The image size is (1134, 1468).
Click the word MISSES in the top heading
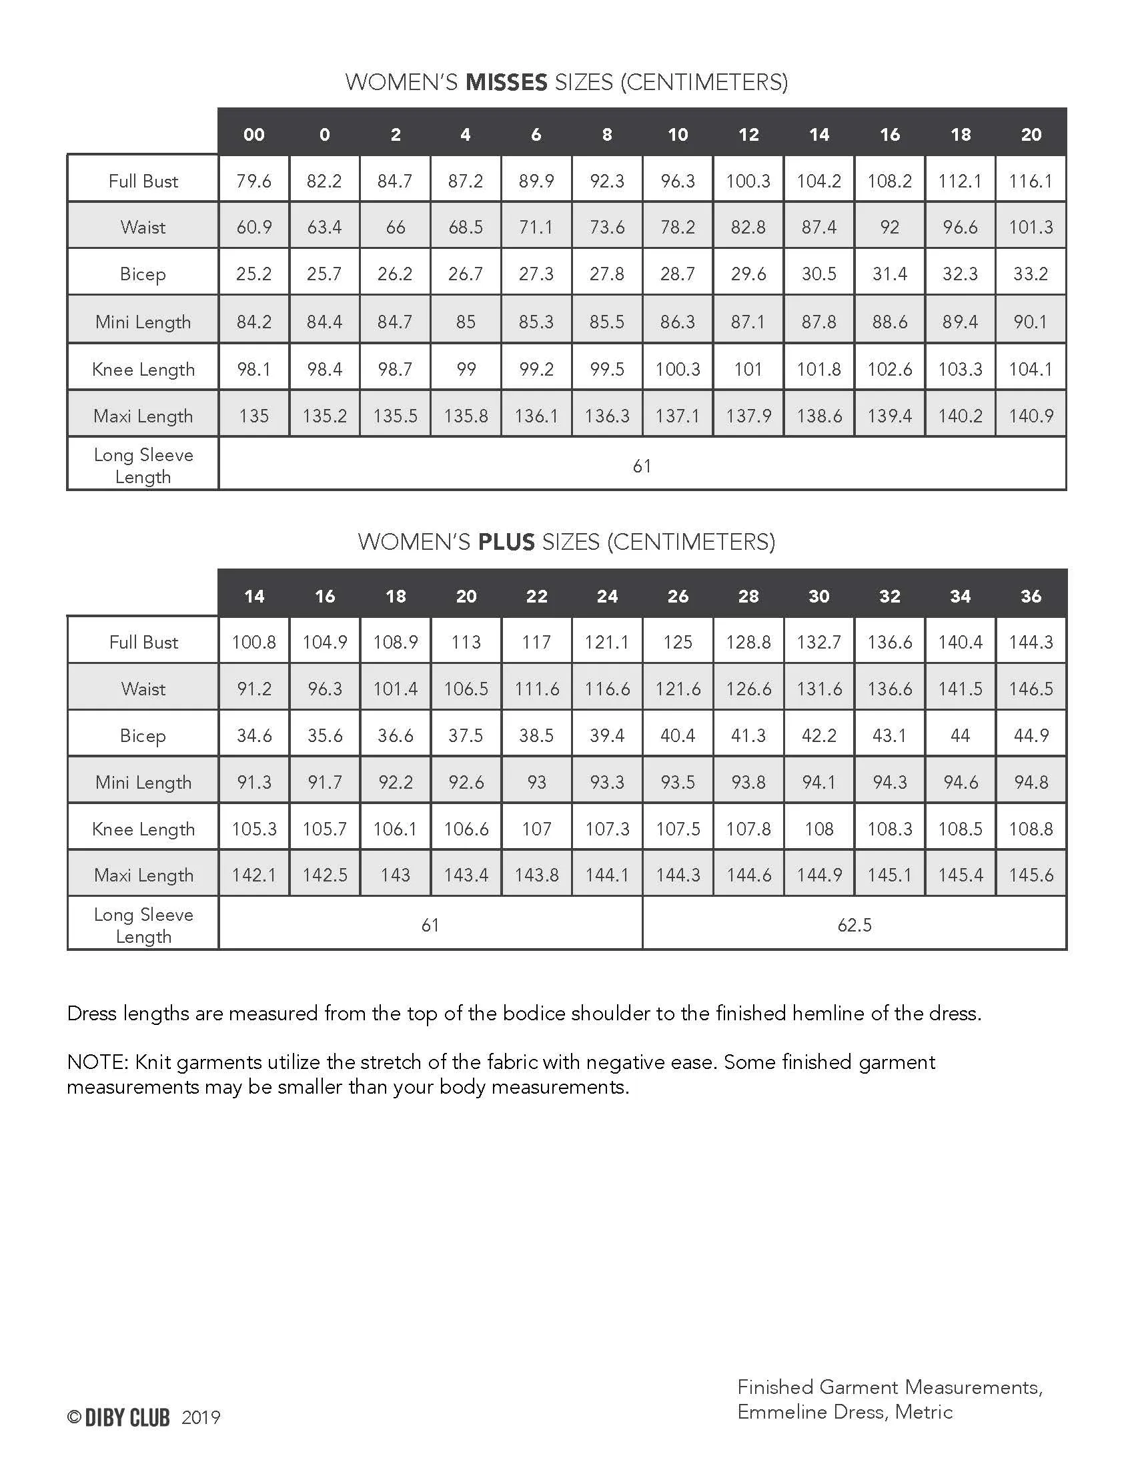click(x=506, y=82)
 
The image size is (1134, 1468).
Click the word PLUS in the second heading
click(x=506, y=542)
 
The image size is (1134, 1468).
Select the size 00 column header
click(x=254, y=134)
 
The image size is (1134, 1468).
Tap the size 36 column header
click(x=1031, y=596)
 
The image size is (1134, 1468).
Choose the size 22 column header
click(x=536, y=596)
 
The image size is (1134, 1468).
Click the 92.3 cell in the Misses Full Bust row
click(x=606, y=181)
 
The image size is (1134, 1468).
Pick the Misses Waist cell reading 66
click(x=395, y=227)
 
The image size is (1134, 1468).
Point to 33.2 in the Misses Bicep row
click(x=1031, y=274)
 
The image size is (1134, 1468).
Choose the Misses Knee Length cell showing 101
click(x=748, y=369)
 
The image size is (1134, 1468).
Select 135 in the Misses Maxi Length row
click(x=254, y=416)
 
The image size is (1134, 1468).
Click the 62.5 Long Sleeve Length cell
click(x=854, y=925)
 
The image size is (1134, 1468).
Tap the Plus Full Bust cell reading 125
click(x=677, y=642)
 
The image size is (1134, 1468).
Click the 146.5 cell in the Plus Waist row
click(x=1031, y=689)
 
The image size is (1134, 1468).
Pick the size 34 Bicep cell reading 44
click(x=960, y=735)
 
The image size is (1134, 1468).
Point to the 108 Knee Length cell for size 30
click(x=819, y=829)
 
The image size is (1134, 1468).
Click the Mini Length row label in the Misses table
click(x=143, y=322)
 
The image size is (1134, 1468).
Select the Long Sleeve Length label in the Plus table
click(x=143, y=926)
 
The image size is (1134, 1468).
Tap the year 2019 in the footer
click(x=201, y=1417)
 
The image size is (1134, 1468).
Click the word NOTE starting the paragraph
click(x=97, y=1062)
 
